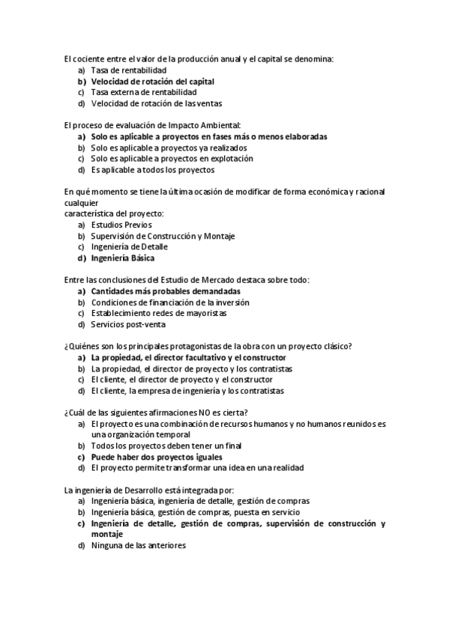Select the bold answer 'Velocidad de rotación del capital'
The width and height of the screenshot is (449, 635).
[152, 81]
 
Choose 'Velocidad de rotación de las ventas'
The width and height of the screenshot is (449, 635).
[156, 103]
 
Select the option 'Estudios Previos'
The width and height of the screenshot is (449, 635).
[121, 225]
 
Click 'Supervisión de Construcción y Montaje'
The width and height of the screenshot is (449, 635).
[163, 236]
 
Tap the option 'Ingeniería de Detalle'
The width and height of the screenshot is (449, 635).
[129, 246]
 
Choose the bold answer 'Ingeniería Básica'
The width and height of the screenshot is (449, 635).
[122, 258]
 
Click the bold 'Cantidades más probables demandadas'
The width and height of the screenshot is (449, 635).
[166, 291]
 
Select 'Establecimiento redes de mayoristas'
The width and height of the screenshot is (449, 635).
[158, 313]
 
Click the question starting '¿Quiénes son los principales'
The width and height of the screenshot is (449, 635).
[208, 346]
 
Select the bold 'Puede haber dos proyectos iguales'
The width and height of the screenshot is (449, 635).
[157, 456]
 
